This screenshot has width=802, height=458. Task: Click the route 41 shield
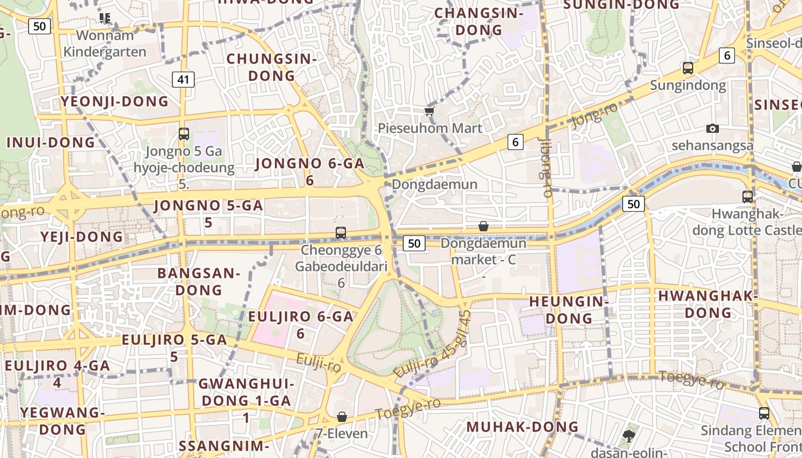[183, 80]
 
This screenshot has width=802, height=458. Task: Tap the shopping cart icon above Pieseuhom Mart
[429, 111]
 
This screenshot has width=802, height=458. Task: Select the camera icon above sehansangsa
[712, 128]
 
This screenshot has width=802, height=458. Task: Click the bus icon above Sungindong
[687, 68]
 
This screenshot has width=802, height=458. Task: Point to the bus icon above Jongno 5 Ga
[183, 134]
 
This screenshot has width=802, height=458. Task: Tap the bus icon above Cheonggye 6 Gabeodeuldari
[341, 233]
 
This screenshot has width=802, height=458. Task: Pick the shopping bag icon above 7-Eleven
[342, 416]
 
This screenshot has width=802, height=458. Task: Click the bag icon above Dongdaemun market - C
[483, 226]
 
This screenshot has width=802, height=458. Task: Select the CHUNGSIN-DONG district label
[272, 67]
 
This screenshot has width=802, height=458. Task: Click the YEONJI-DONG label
[115, 102]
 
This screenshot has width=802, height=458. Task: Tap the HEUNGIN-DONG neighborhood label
[568, 309]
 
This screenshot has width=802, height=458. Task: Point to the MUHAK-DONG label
[522, 427]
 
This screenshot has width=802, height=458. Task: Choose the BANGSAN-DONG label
[198, 281]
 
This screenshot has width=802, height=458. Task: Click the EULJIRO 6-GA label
[300, 324]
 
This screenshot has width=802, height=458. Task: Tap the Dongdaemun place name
[434, 184]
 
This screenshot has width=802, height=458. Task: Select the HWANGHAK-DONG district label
[708, 304]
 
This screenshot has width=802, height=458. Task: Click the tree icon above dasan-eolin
[628, 436]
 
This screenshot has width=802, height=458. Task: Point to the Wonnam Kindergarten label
[105, 44]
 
